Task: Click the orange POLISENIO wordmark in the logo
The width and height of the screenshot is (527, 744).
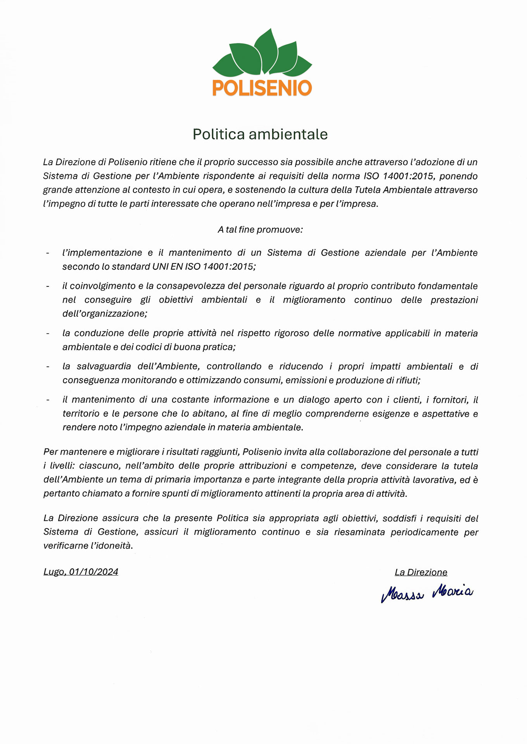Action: (x=262, y=88)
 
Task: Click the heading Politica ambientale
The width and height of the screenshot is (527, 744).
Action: (x=260, y=134)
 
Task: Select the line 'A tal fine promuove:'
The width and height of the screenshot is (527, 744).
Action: (x=260, y=230)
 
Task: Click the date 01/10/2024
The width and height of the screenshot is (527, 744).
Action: (x=93, y=572)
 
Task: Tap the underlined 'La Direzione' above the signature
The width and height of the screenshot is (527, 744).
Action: (x=421, y=572)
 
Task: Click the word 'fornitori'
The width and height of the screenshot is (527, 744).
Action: (x=450, y=400)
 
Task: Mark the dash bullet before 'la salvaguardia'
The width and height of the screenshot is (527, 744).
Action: (x=48, y=367)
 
